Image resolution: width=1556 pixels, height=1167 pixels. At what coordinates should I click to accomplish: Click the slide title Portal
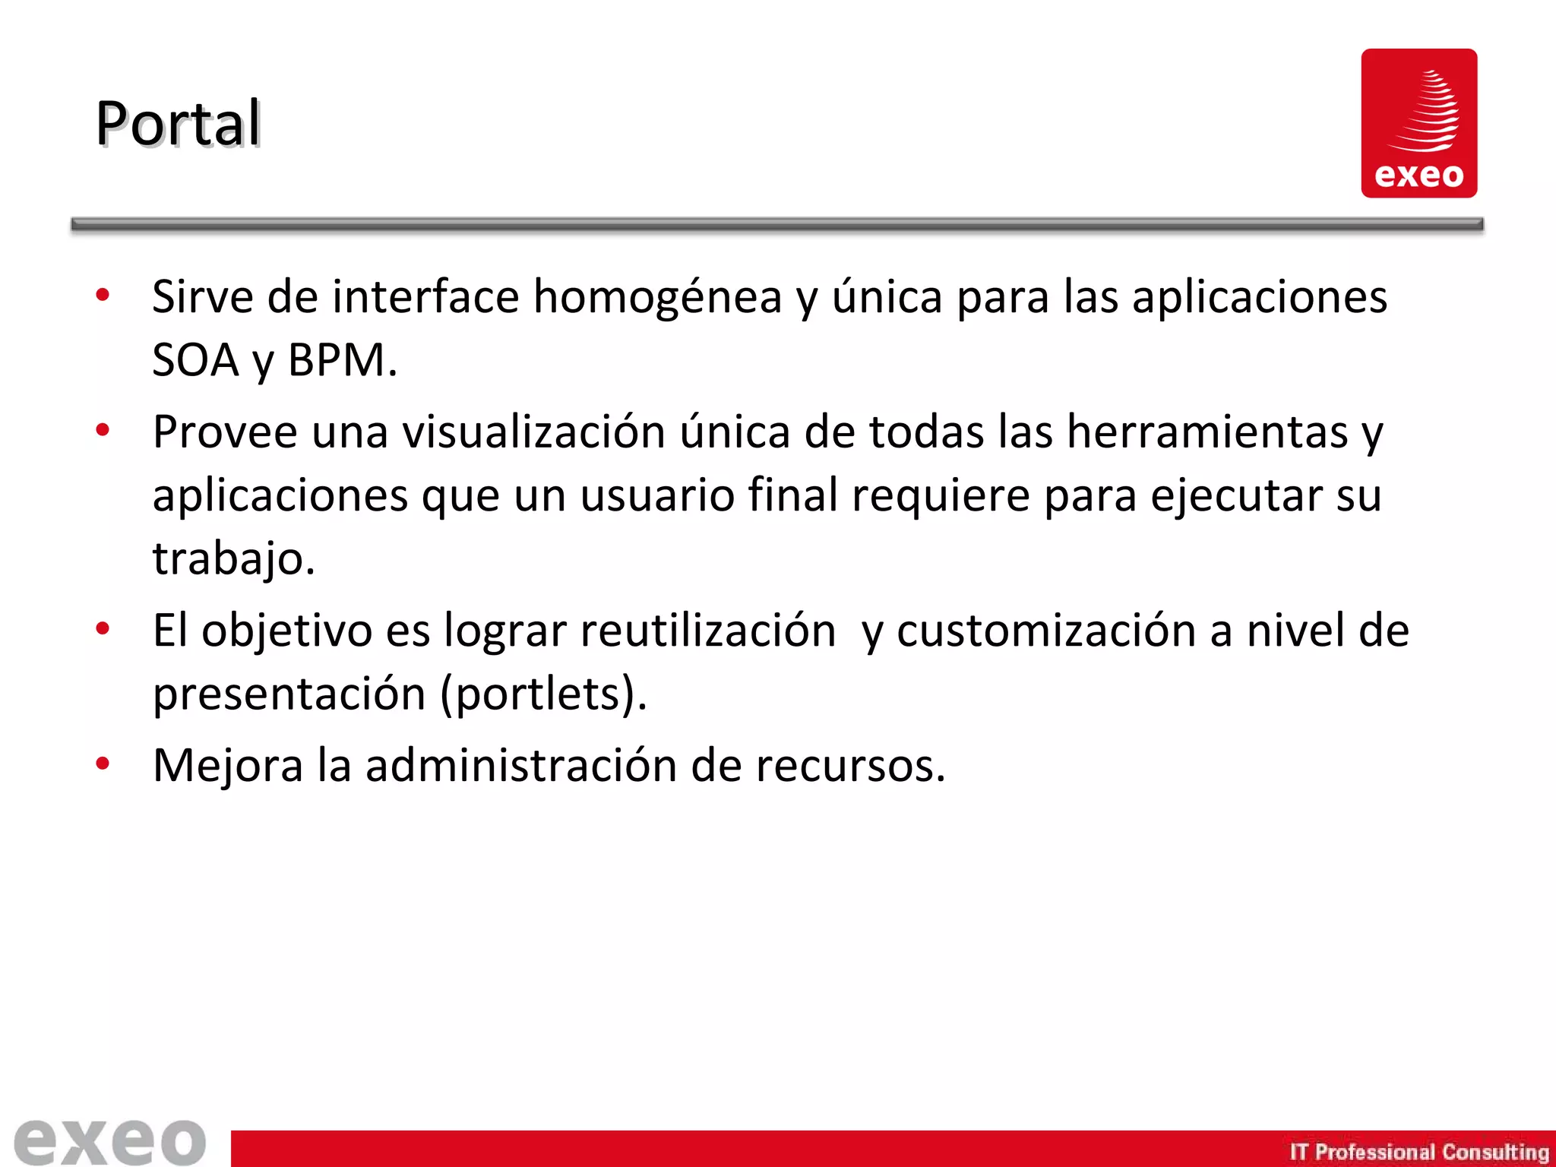tap(178, 123)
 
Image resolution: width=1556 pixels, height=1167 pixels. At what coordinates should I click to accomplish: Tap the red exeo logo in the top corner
tap(1418, 123)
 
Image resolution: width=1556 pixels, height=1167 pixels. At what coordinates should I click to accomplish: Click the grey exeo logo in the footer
tap(110, 1141)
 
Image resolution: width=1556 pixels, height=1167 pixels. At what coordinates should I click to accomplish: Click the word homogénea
tap(657, 297)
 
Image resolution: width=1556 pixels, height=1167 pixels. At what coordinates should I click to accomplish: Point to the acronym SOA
tap(195, 360)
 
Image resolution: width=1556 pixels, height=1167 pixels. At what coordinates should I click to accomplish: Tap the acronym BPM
tap(342, 360)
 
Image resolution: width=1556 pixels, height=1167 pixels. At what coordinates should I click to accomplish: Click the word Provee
tap(225, 432)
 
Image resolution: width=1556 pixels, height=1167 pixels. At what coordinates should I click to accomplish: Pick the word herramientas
tap(1207, 432)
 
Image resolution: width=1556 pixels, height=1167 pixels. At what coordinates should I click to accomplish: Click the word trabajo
tap(233, 558)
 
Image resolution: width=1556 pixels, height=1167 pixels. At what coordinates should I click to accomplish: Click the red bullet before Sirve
tap(103, 295)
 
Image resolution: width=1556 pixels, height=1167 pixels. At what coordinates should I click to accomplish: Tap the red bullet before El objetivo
tap(103, 629)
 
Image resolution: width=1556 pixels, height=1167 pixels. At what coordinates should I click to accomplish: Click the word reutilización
tap(708, 631)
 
